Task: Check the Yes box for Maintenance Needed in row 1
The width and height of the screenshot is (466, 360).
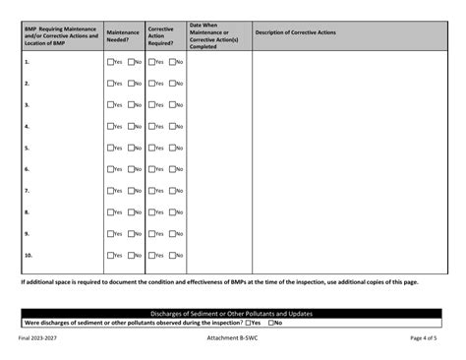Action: coord(110,62)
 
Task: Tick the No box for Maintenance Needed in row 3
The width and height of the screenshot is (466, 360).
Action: coord(132,105)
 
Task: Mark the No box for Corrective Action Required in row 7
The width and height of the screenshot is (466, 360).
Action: coord(174,191)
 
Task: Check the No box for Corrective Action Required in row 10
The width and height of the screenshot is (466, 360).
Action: coord(174,256)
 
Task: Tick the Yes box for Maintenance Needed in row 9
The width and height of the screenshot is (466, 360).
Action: coord(110,234)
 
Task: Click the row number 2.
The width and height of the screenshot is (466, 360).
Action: coord(27,84)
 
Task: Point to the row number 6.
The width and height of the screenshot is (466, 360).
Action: coord(27,169)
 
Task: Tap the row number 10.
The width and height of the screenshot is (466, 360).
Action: coord(29,256)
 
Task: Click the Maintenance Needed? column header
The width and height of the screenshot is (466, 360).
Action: coord(123,35)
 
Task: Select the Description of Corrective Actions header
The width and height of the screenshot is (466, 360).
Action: coord(295,32)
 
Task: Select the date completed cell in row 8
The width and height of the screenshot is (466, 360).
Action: coord(218,212)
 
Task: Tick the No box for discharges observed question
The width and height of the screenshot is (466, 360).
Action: coord(270,323)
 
